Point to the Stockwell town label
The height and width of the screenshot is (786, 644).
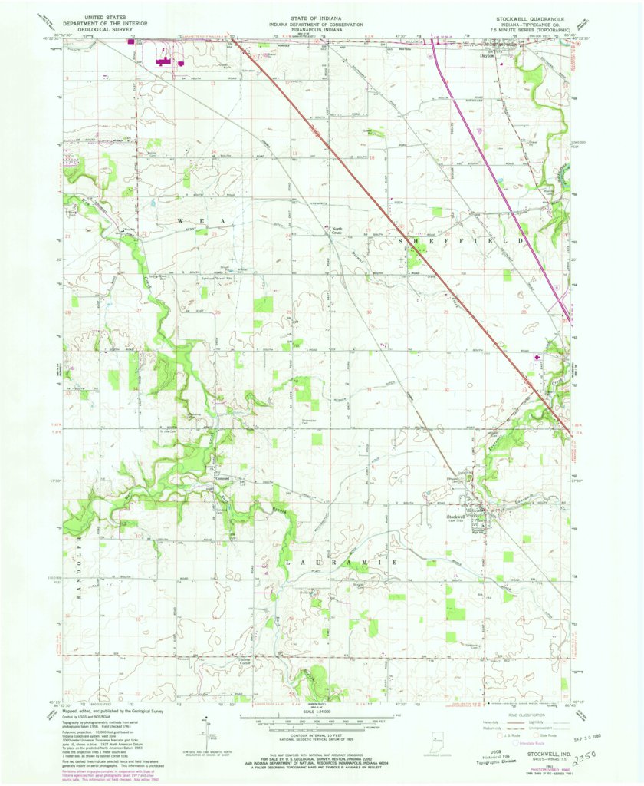(458, 515)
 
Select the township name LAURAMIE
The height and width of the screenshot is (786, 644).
(341, 563)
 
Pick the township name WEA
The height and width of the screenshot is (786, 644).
(201, 221)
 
